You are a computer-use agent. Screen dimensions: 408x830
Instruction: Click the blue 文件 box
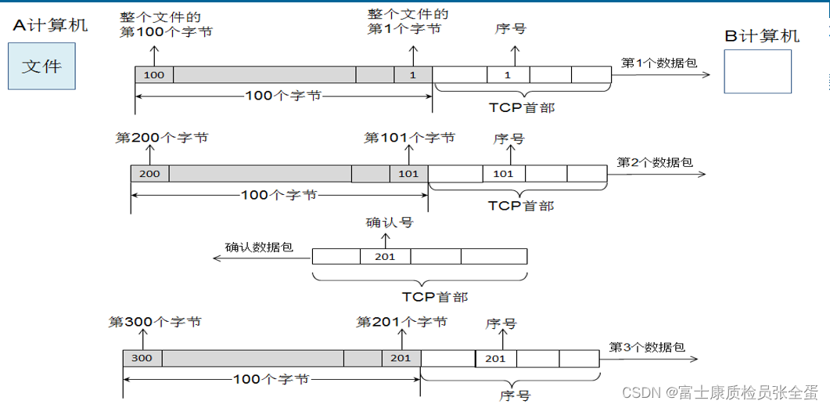pos(41,67)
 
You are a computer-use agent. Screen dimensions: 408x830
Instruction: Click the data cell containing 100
pos(154,74)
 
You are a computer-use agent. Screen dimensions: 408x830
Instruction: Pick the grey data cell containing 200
pos(149,173)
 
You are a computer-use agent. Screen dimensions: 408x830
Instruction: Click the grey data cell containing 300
pos(142,358)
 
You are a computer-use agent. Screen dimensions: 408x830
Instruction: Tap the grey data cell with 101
pos(408,173)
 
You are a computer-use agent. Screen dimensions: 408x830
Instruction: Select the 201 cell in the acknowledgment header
pos(385,256)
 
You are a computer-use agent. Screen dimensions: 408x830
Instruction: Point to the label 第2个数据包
pos(654,162)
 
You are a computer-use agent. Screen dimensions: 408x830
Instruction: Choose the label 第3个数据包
pos(647,347)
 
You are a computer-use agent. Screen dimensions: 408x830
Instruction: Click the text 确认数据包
pos(259,247)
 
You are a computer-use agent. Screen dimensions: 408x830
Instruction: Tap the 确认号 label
pos(389,222)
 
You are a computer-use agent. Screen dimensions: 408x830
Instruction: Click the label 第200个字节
pos(162,138)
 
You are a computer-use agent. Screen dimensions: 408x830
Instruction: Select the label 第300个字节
pos(155,322)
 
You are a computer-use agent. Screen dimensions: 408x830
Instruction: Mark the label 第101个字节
pos(409,138)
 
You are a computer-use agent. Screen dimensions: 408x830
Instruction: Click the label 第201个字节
pos(401,322)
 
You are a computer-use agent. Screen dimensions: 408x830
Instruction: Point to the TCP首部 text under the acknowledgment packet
pos(435,297)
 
